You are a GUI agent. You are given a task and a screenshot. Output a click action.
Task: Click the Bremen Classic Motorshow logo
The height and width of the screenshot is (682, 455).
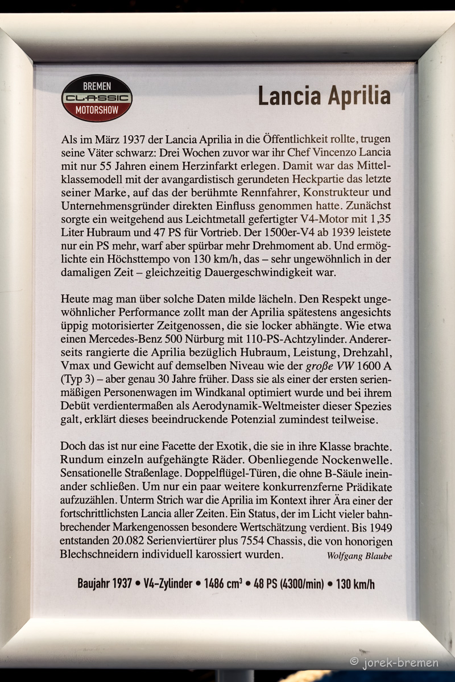pyautogui.click(x=97, y=98)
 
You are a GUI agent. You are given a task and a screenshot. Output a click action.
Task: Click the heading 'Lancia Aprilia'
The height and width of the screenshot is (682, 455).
pyautogui.click(x=324, y=96)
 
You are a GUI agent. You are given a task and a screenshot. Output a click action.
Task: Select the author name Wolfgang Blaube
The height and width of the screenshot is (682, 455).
pyautogui.click(x=359, y=556)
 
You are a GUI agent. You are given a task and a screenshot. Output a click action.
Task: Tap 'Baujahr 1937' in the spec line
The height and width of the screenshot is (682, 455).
pyautogui.click(x=105, y=584)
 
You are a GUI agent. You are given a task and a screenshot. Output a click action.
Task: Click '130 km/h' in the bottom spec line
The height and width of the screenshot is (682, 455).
pyautogui.click(x=355, y=584)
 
